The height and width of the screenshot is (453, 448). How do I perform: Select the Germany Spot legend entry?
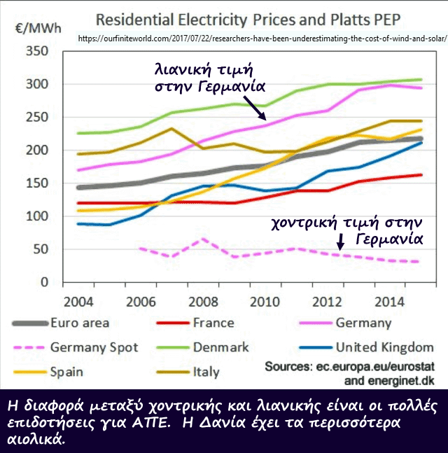[94, 347]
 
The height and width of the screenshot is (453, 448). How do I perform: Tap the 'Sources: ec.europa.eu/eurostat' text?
[356, 367]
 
